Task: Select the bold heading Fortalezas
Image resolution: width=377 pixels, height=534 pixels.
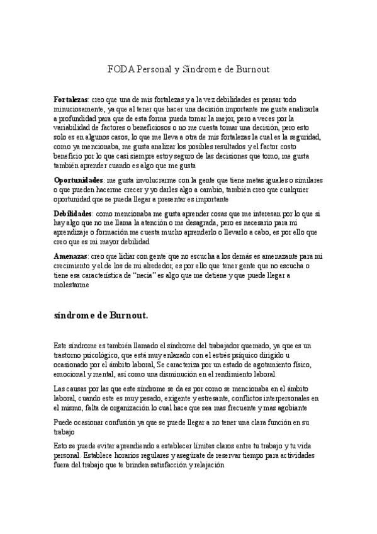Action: (70, 100)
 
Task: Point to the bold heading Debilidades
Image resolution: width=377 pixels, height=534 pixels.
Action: (74, 214)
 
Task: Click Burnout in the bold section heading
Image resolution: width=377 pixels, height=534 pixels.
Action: (125, 314)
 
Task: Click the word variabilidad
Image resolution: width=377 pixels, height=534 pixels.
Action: (74, 127)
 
